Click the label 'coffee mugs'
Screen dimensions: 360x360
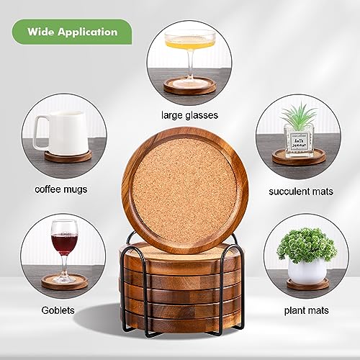[x=62, y=189]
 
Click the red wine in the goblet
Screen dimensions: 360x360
[x=63, y=244]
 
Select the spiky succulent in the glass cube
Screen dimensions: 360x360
[x=299, y=116]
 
